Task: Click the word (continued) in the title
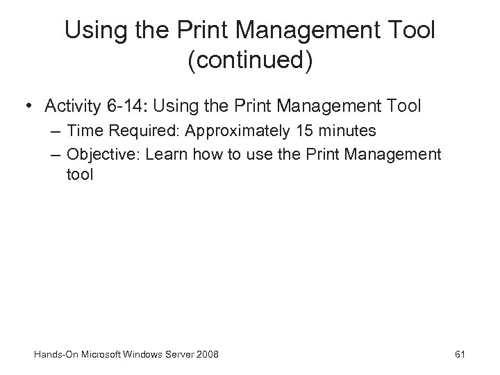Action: click(250, 60)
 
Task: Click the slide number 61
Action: click(459, 355)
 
